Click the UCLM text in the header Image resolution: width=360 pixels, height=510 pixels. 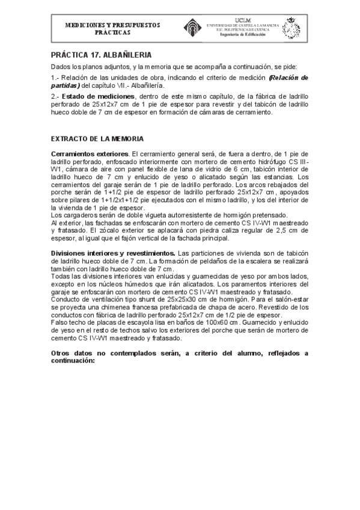(x=242, y=20)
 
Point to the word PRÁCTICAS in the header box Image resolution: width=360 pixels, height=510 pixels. (x=112, y=32)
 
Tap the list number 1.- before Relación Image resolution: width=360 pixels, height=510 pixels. (x=56, y=78)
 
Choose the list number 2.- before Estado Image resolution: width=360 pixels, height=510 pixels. (x=56, y=96)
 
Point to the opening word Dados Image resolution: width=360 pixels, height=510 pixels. (x=61, y=66)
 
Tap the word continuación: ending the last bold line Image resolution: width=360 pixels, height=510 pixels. (x=73, y=361)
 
